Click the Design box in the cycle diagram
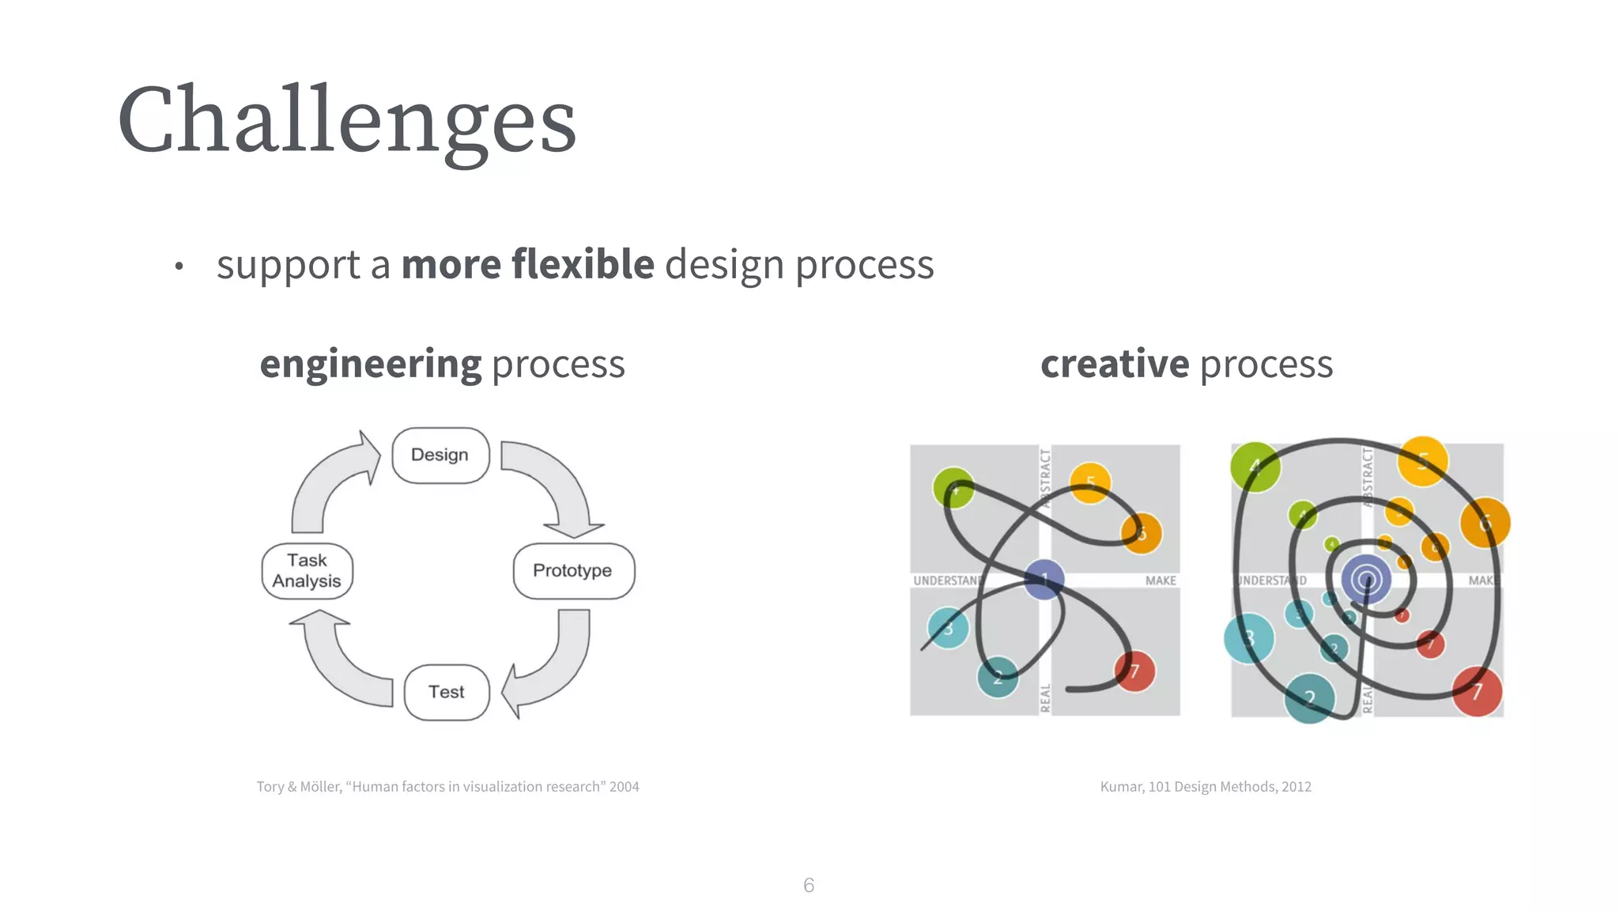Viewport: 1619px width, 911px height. [440, 455]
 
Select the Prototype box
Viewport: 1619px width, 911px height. [573, 570]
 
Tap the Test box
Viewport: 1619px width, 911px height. [447, 692]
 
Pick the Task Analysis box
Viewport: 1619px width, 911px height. [307, 570]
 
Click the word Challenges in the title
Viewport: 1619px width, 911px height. [347, 120]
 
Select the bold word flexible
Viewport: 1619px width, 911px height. [583, 264]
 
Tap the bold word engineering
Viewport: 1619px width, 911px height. [370, 365]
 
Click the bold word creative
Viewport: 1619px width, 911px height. [1114, 365]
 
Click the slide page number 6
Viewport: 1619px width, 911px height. [809, 885]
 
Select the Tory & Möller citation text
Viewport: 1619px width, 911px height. [447, 787]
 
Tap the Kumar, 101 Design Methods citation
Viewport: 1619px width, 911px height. [1206, 787]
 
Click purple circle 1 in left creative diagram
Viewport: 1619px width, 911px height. [1044, 580]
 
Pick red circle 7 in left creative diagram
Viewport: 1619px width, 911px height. [1135, 671]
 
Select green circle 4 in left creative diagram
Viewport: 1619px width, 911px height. [953, 489]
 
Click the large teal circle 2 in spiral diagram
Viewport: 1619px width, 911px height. [1310, 698]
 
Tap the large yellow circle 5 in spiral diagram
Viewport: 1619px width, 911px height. [1422, 461]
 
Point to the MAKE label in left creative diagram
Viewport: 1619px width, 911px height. [1160, 581]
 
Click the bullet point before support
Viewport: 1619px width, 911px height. [179, 266]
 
